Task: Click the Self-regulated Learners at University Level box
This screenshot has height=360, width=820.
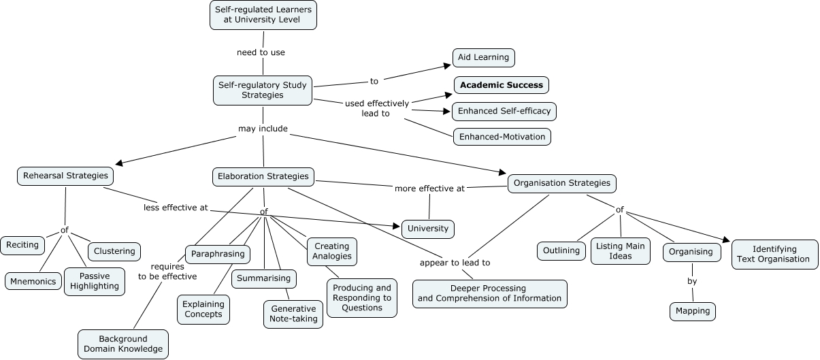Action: point(263,15)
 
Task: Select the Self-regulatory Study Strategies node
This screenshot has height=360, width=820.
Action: point(263,90)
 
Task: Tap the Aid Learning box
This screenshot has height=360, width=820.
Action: point(483,57)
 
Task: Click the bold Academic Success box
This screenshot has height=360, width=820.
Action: point(502,85)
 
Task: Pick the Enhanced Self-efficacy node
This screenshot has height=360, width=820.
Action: point(504,111)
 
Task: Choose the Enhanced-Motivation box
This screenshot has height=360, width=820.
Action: point(502,137)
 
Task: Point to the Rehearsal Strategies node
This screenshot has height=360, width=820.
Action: point(65,176)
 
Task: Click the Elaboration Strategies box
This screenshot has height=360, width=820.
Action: point(263,176)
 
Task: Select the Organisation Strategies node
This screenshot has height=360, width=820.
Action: point(562,183)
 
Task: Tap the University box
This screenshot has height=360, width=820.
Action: point(428,229)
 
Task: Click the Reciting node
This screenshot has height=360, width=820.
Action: point(23,244)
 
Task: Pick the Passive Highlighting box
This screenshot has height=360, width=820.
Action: point(95,281)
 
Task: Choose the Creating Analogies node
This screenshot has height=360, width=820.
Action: point(332,251)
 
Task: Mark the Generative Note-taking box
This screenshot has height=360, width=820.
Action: point(293,314)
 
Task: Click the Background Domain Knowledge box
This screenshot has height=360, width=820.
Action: point(123,344)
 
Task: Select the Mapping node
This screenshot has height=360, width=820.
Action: point(693,311)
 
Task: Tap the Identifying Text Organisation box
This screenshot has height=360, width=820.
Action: point(774,254)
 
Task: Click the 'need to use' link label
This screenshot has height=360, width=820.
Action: point(261,52)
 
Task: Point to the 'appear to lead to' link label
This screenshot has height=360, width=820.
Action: point(455,262)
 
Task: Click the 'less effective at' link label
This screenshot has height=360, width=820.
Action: point(176,208)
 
